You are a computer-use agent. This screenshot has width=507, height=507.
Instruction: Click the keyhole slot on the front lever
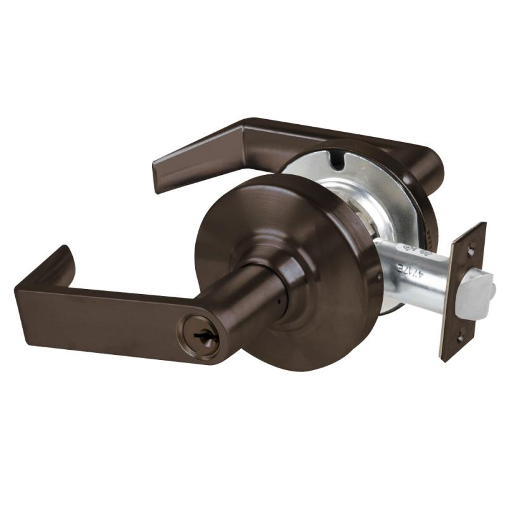pos(208,336)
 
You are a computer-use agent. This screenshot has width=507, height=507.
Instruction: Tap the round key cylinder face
pos(206,336)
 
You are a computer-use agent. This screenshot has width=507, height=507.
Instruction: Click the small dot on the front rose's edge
pos(379,278)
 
